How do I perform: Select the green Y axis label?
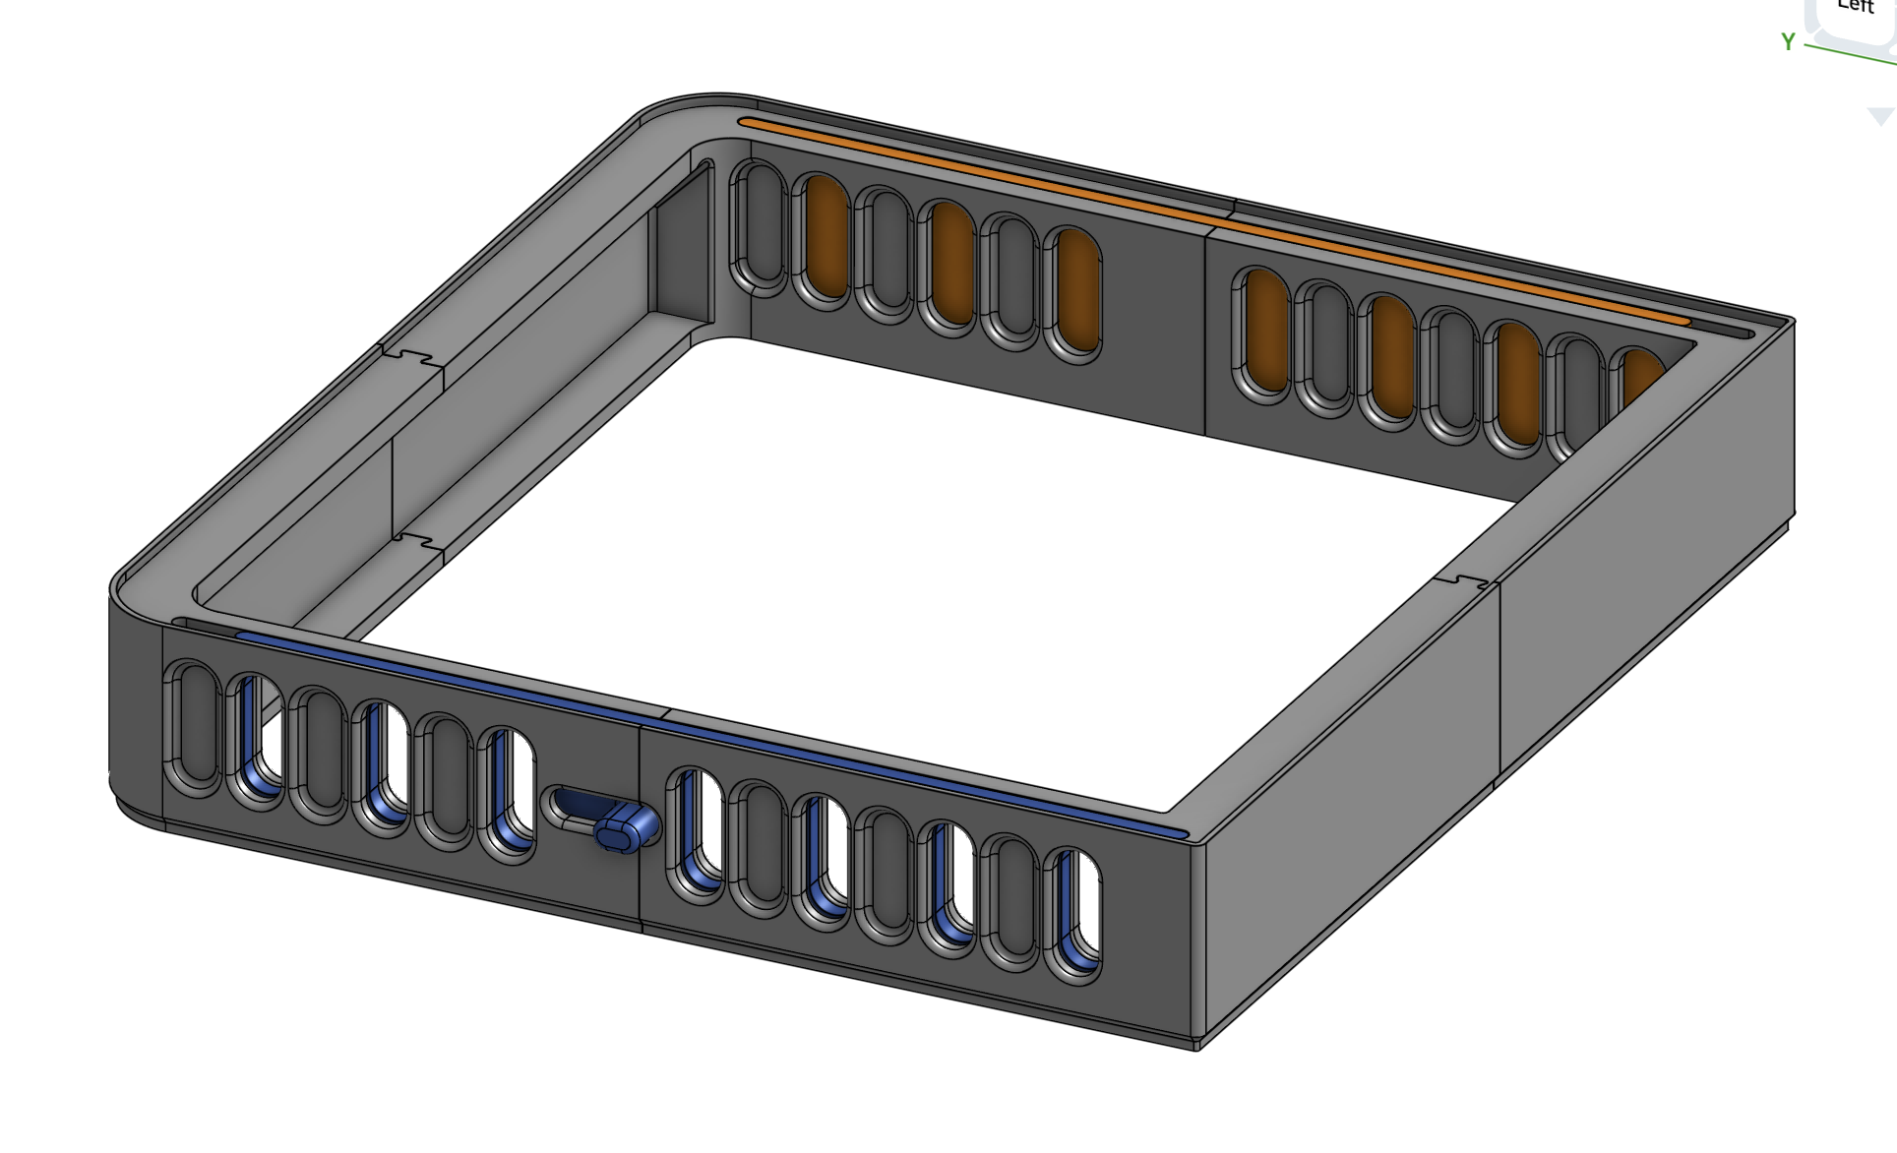pyautogui.click(x=1788, y=42)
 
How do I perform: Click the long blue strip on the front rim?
pyautogui.click(x=708, y=729)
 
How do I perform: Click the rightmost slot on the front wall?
pyautogui.click(x=1073, y=914)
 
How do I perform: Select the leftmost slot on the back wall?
pyautogui.click(x=759, y=227)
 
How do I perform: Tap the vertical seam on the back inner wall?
pyautogui.click(x=1205, y=334)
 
